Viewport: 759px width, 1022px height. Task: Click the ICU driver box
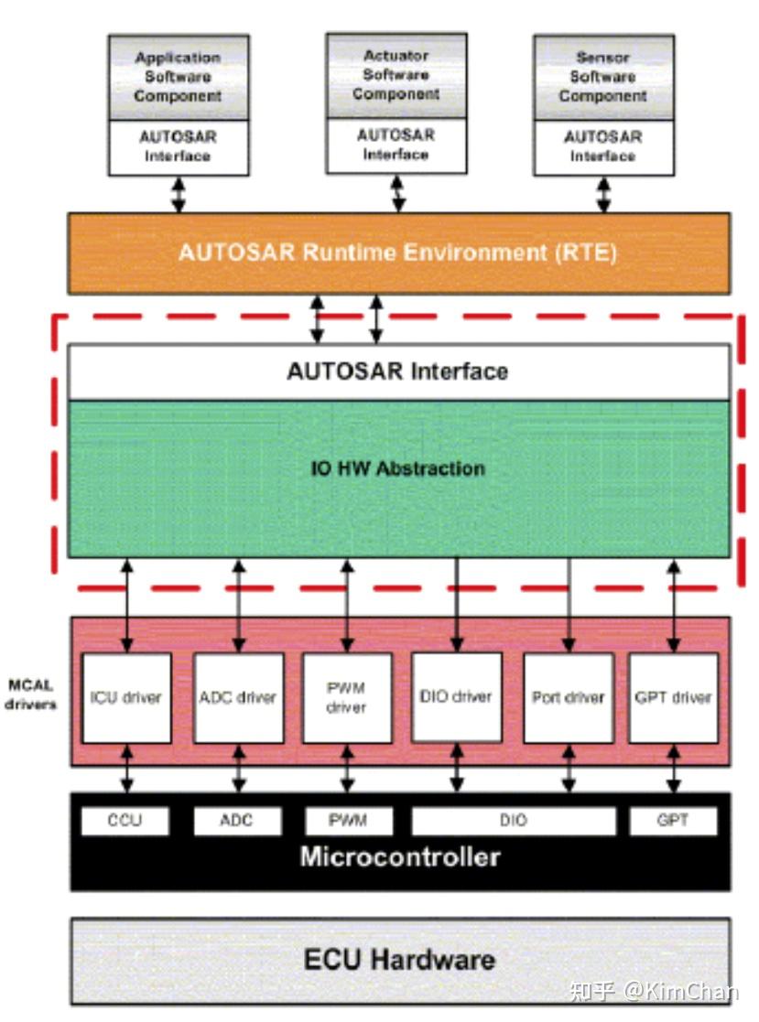126,697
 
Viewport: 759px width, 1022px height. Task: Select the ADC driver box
239,697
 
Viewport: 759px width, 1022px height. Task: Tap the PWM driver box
347,697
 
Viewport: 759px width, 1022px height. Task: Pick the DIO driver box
457,697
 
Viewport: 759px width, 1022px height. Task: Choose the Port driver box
569,697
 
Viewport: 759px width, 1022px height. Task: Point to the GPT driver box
673,697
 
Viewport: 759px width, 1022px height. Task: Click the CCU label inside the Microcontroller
125,820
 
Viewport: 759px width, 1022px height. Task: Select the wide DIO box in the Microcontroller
514,821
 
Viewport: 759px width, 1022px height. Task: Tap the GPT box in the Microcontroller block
673,821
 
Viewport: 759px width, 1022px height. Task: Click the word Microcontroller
400,856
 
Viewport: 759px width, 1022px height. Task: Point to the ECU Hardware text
399,960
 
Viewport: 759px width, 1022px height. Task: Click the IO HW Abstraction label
397,468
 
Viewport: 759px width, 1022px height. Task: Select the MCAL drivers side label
30,694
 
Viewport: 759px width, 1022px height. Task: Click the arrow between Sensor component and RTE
603,195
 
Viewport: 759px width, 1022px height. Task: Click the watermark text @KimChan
681,992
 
